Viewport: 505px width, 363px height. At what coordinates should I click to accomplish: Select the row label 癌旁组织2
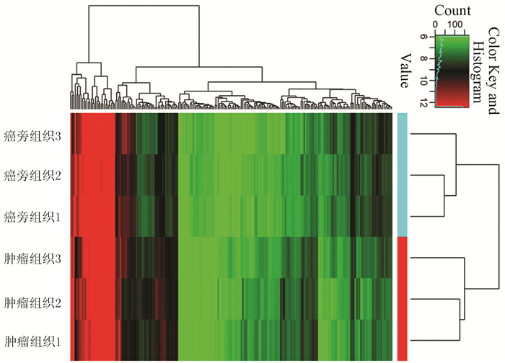point(32,175)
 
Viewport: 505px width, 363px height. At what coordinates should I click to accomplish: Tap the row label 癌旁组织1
point(32,217)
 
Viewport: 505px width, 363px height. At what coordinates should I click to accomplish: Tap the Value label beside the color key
point(405,69)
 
